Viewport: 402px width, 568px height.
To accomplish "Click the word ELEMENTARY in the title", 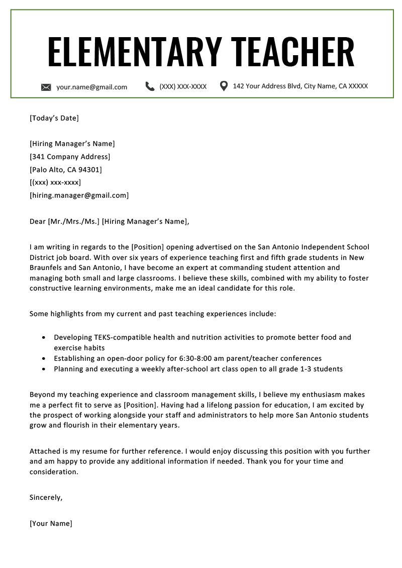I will tap(134, 52).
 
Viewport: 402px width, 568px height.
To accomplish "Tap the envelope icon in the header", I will tap(46, 87).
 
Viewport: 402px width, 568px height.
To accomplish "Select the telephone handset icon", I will tap(150, 86).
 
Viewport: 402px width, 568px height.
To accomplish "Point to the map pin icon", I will tap(224, 86).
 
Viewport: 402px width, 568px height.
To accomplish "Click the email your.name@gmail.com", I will tap(91, 87).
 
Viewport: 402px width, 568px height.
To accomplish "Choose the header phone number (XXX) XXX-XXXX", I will tap(183, 87).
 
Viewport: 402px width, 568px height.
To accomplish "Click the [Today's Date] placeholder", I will tap(54, 118).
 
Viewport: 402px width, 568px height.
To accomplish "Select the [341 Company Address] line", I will tap(70, 157).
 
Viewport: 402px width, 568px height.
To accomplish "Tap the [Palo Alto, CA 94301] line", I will tap(66, 170).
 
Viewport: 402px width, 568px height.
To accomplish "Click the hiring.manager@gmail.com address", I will tap(79, 196).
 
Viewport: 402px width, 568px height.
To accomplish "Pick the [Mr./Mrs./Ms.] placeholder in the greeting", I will tap(73, 221).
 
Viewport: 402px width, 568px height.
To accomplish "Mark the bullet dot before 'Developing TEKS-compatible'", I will tap(44, 338).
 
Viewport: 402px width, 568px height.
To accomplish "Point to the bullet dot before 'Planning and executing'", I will tap(44, 369).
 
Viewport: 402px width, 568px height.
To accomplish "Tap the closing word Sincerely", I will tap(46, 498).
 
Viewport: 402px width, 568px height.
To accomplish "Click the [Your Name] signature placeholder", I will tap(51, 524).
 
